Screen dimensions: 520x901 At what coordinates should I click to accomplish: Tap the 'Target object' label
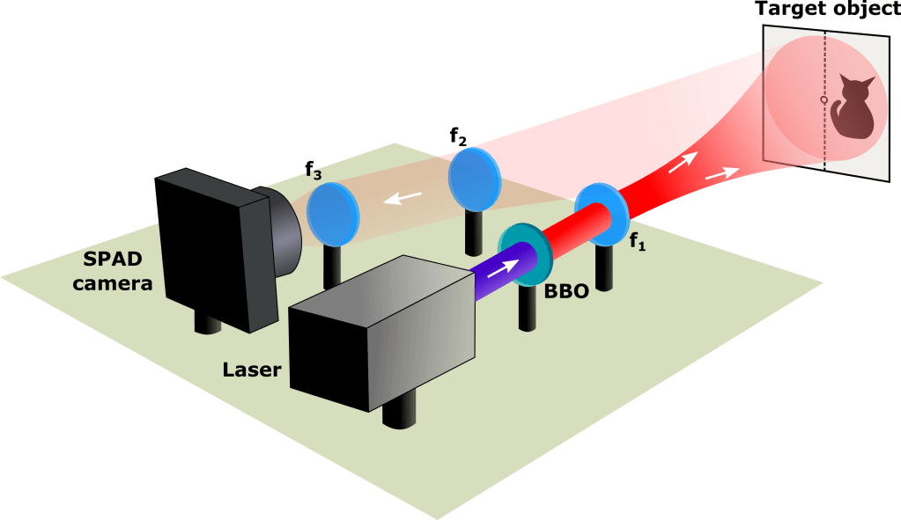(x=826, y=11)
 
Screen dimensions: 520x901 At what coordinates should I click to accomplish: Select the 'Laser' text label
(x=252, y=370)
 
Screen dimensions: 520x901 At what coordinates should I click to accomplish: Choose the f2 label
(x=458, y=137)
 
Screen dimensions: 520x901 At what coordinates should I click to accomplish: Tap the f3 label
(x=314, y=171)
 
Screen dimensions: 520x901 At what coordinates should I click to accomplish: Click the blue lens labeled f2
(x=474, y=179)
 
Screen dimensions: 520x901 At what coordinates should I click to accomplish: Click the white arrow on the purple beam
(x=499, y=267)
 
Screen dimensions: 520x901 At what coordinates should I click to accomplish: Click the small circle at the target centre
(x=823, y=100)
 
